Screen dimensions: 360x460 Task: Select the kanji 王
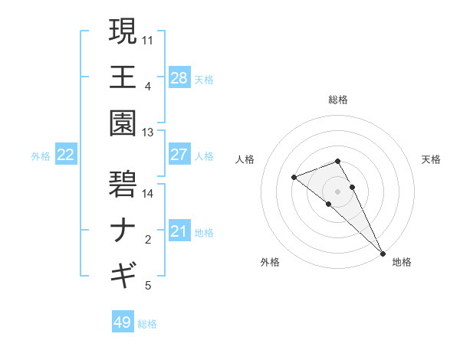[123, 77]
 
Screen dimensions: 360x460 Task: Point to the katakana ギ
[123, 273]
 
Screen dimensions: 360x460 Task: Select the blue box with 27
[179, 155]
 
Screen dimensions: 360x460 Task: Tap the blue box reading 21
[179, 231]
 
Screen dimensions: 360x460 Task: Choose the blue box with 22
[65, 155]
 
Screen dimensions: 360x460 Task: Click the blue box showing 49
[123, 322]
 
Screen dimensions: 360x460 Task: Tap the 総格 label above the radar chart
[337, 100]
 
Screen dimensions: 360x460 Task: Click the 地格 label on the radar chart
[401, 263]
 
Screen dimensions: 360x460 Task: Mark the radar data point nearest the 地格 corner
[382, 253]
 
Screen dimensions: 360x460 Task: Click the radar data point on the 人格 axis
[294, 178]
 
